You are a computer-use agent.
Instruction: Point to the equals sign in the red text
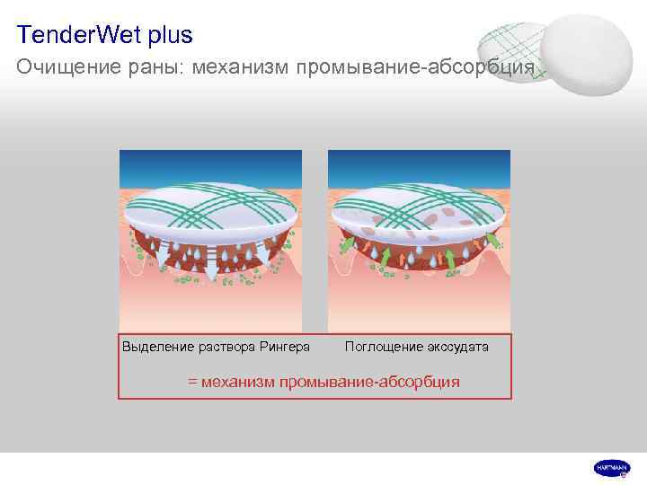click(x=192, y=382)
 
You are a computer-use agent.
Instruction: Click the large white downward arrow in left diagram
click(x=209, y=269)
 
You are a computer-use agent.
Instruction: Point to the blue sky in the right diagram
click(x=420, y=166)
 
